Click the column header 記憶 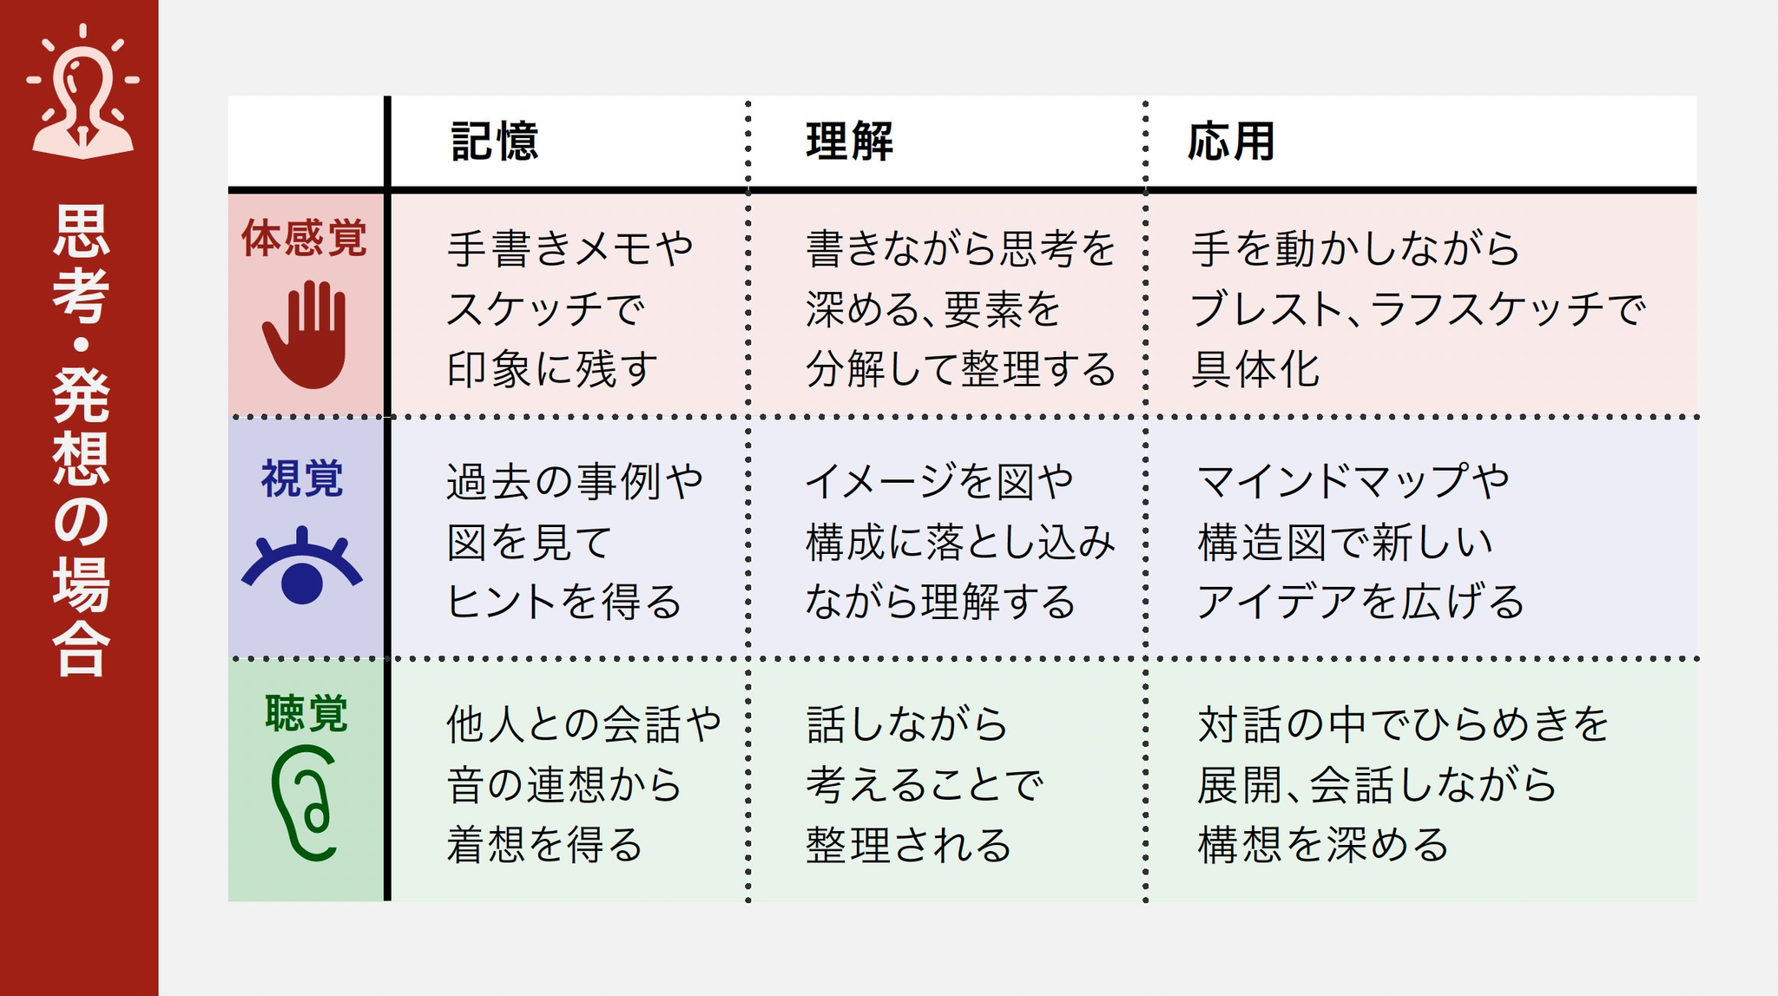495,142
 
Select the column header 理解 849,142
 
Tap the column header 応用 1231,142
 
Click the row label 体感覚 305,238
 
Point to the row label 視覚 303,478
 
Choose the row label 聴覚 306,714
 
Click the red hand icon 305,334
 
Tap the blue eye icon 302,565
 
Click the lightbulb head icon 82,91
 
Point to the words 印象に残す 553,369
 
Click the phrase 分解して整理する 961,369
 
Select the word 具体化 1255,369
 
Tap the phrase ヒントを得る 564,602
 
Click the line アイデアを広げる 1360,602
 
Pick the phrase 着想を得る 544,845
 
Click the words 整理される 909,845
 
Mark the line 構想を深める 1323,845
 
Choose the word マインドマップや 1353,481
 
